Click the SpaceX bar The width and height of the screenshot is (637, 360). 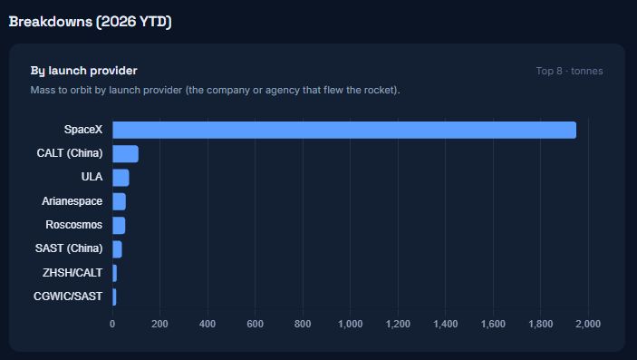pos(344,130)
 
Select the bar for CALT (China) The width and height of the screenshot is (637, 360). pos(126,154)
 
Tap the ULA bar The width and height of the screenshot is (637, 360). pos(121,178)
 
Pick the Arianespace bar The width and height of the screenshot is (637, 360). pos(119,201)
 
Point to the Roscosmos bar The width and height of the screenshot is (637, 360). pos(119,226)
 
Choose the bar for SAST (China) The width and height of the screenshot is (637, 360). pos(117,249)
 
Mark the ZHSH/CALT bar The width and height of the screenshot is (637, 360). pos(114,273)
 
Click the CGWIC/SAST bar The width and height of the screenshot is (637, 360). pos(114,297)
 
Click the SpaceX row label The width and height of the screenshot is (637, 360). pos(83,130)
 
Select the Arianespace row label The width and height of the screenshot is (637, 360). pos(72,201)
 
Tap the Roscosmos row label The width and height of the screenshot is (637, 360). pos(74,225)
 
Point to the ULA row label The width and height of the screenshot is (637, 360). pos(92,177)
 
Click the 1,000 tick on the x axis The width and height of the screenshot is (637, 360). pos(350,325)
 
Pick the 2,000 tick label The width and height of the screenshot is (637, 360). pos(588,325)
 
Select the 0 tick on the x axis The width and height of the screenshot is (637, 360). pos(112,325)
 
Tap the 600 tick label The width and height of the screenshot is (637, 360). pos(256,325)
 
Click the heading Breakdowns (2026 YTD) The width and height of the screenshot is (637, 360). pos(91,22)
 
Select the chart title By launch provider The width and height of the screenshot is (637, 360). pos(83,71)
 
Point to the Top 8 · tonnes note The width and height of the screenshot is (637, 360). pos(570,72)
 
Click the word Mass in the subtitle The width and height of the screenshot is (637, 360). pos(42,90)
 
